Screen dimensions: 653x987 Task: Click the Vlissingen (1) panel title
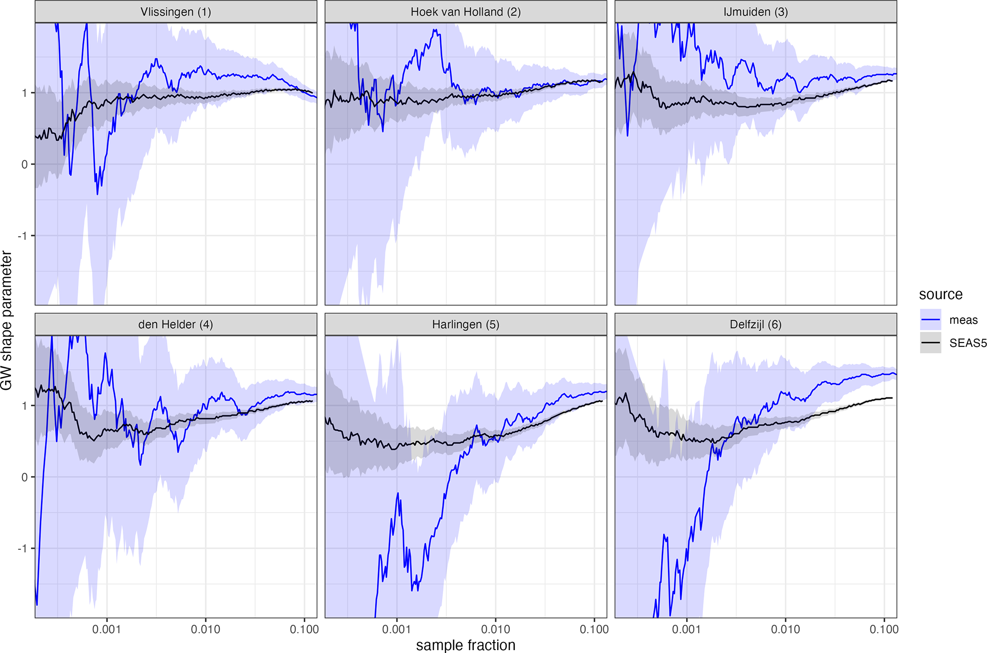[175, 12]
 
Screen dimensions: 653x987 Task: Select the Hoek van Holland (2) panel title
[466, 12]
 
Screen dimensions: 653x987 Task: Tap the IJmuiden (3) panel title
[755, 12]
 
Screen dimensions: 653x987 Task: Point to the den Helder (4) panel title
[175, 325]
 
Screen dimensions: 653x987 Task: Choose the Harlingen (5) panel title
[466, 325]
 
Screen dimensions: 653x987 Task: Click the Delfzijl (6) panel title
[755, 325]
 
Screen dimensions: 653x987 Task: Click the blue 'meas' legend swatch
[930, 320]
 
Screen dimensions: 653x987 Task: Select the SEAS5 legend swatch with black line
[930, 343]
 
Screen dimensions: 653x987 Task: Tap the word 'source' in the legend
[940, 294]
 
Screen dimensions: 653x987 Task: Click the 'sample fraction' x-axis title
[466, 645]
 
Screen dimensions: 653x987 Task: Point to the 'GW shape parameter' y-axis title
[7, 321]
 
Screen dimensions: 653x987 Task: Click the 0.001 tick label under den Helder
[106, 630]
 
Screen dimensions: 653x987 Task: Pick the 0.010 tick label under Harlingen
[495, 630]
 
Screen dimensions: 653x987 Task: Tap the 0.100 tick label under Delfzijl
[884, 630]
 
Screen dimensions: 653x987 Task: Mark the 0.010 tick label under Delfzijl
[785, 630]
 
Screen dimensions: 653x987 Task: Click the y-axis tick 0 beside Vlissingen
[25, 164]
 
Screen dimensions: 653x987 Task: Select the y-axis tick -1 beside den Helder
[22, 548]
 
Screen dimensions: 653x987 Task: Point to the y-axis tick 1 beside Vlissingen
[25, 93]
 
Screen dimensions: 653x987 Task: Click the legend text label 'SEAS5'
[967, 343]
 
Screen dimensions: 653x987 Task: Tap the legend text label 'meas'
[963, 320]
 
